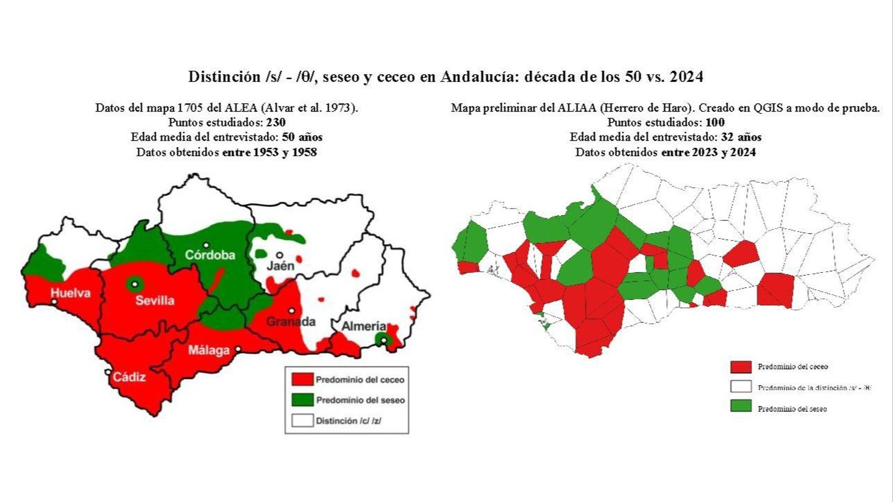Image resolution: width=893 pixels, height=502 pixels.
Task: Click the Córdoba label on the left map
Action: (210, 255)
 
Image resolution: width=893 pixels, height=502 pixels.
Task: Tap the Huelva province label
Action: (70, 292)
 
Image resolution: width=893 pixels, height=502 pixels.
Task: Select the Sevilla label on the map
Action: (155, 301)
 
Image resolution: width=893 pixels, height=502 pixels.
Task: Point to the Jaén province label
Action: (280, 266)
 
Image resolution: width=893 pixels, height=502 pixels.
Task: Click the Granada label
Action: (290, 322)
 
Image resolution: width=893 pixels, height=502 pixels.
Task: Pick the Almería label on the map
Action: (363, 326)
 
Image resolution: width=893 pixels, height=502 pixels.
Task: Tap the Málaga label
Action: (209, 350)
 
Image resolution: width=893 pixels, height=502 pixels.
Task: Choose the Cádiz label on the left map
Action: (129, 377)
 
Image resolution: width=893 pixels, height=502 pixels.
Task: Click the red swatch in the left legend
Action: (302, 379)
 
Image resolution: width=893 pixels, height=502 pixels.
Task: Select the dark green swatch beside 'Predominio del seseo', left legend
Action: (302, 400)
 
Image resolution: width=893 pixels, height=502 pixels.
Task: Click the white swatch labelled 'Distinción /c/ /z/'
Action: (302, 421)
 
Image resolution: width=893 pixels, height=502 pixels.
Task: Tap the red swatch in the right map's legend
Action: (741, 366)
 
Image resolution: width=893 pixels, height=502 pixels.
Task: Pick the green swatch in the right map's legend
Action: (741, 407)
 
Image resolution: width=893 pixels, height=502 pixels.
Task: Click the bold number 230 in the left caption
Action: (276, 122)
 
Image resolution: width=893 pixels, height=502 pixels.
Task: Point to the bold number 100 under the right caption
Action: (715, 122)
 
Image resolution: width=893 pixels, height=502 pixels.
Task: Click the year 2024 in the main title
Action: (686, 76)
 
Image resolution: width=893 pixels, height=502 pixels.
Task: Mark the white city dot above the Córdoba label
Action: (206, 245)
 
